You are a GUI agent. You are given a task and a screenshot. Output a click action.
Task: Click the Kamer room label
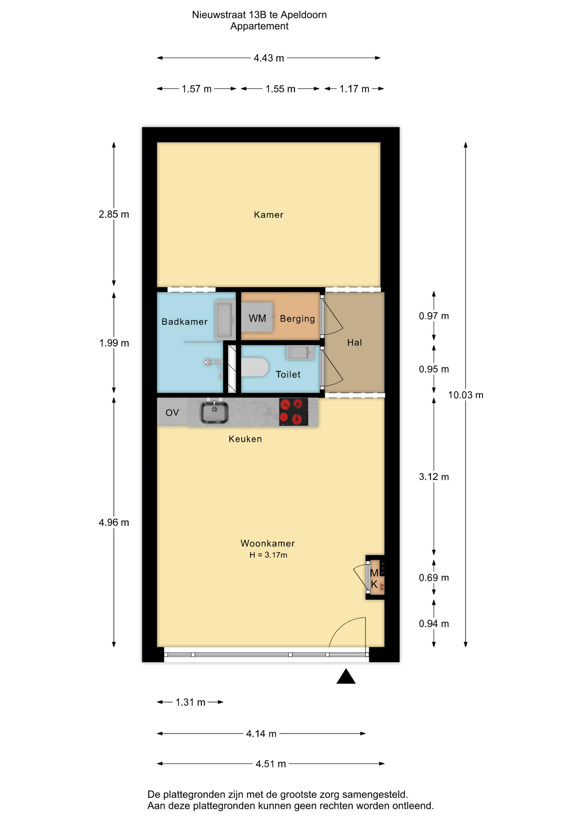pos(268,214)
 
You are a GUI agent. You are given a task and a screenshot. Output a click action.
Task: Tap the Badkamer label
pos(184,322)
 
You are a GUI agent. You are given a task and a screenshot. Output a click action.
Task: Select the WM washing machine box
pos(257,317)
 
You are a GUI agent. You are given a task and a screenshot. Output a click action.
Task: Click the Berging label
pos(297,319)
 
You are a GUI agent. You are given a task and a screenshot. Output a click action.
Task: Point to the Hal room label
pos(354,342)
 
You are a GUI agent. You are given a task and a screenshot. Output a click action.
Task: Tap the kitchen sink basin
pos(214,412)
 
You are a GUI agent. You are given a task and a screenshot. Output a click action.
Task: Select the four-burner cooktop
pos(294,412)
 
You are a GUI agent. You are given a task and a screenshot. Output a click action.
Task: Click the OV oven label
pos(172,413)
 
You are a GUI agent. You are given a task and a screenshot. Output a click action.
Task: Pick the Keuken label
pos(245,439)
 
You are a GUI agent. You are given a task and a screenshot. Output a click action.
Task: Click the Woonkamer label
pos(268,543)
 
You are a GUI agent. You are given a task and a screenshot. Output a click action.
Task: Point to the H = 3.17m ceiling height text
pos(268,555)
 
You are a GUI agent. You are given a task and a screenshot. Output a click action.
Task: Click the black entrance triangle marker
pos(346,676)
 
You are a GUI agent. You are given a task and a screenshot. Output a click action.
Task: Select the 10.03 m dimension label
pos(466,395)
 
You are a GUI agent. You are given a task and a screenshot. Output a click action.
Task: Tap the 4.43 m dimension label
pos(269,58)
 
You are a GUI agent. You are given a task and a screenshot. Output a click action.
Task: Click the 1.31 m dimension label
pos(190,702)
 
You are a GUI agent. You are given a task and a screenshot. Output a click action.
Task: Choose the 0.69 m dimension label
pos(434,578)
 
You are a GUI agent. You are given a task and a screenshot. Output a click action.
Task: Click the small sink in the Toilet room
pos(300,353)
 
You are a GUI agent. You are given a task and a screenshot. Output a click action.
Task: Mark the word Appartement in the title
pos(259,26)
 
